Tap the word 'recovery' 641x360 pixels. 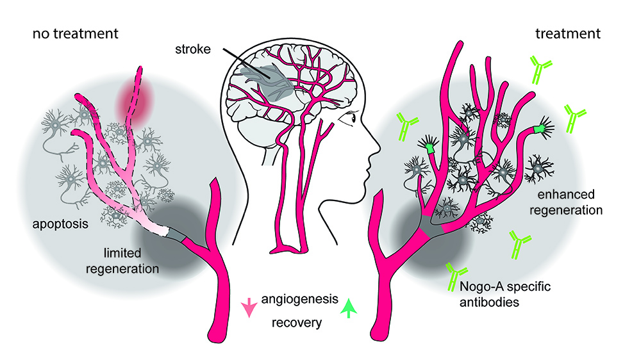296,322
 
